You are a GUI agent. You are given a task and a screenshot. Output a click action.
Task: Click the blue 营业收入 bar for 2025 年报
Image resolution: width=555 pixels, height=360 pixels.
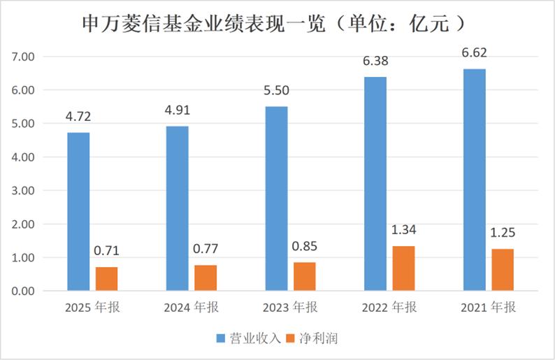pyautogui.click(x=79, y=212)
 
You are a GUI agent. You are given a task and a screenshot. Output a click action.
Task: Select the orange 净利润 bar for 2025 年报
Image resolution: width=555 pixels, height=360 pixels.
pyautogui.click(x=107, y=279)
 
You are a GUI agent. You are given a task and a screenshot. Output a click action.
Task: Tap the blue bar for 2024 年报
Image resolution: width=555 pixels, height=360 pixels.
pyautogui.click(x=178, y=208)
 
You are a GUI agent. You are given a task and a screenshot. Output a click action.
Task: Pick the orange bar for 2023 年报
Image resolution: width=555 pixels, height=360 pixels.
pyautogui.click(x=305, y=277)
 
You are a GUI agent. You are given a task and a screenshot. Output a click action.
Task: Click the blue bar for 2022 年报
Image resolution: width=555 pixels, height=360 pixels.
pyautogui.click(x=375, y=184)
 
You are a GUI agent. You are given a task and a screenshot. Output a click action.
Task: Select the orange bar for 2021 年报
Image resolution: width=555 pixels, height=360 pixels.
pyautogui.click(x=503, y=270)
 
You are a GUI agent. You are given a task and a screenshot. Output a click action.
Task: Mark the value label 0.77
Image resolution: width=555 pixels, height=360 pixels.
pyautogui.click(x=206, y=247)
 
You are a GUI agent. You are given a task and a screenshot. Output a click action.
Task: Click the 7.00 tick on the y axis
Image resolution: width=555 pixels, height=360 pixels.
pyautogui.click(x=24, y=57)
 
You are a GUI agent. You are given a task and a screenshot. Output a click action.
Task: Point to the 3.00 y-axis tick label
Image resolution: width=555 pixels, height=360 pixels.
pyautogui.click(x=24, y=191)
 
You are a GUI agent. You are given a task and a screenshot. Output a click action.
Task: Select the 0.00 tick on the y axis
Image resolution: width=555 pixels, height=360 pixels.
pyautogui.click(x=24, y=291)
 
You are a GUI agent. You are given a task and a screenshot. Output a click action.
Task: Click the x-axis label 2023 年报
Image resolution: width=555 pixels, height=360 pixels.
pyautogui.click(x=290, y=308)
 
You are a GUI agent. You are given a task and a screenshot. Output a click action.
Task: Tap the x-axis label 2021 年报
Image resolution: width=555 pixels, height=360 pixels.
pyautogui.click(x=488, y=308)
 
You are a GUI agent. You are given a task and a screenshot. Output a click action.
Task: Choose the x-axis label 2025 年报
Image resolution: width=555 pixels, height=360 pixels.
pyautogui.click(x=92, y=308)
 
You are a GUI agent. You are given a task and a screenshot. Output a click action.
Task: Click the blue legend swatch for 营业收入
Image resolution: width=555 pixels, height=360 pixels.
pyautogui.click(x=222, y=338)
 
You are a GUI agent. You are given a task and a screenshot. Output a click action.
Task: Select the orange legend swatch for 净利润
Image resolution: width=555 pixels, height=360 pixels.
pyautogui.click(x=294, y=338)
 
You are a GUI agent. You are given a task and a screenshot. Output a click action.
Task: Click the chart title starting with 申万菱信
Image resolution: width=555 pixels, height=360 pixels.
pyautogui.click(x=277, y=22)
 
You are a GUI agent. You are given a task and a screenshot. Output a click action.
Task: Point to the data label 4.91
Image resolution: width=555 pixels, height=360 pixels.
pyautogui.click(x=178, y=109)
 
